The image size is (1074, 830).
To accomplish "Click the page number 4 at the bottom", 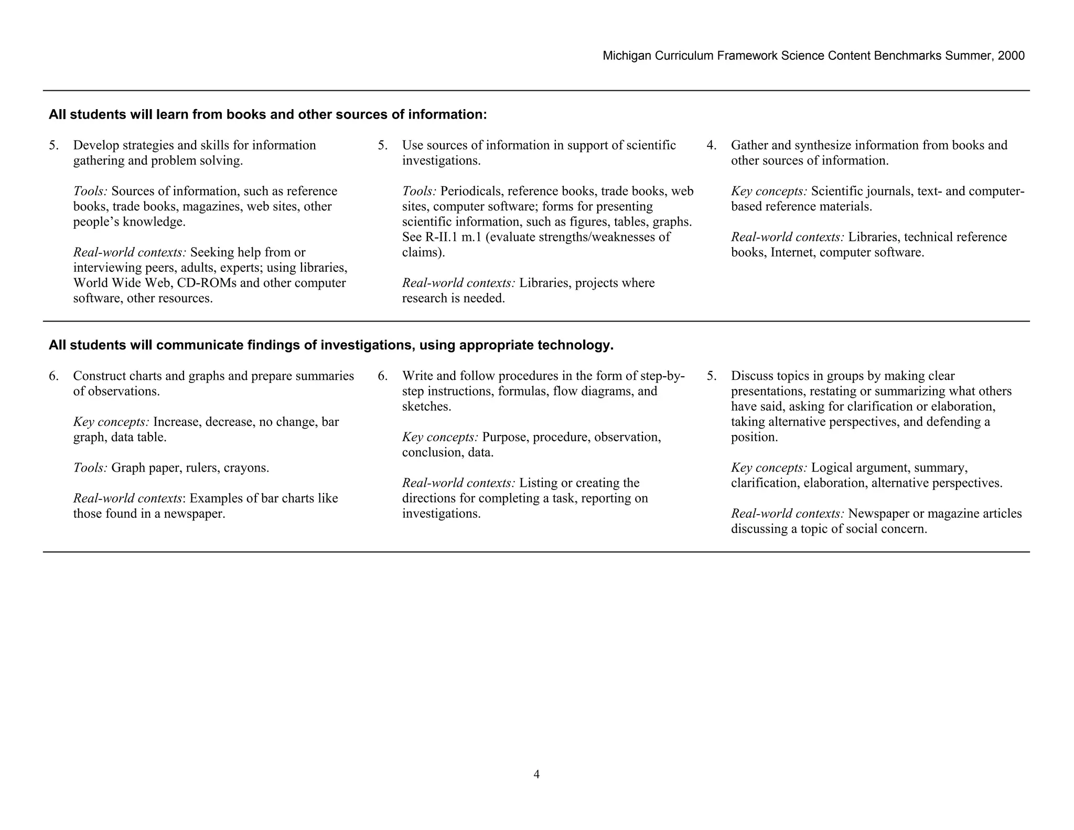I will (536, 774).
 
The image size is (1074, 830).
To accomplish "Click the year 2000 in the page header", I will (1011, 56).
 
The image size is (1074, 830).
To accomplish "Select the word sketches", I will (426, 407).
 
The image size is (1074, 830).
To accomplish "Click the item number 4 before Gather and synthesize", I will (711, 145).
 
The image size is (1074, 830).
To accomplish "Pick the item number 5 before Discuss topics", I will (711, 376).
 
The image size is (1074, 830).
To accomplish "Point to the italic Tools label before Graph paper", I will (90, 468).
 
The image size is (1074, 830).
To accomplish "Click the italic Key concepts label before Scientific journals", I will (769, 191).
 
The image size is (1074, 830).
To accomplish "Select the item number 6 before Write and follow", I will (382, 376).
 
